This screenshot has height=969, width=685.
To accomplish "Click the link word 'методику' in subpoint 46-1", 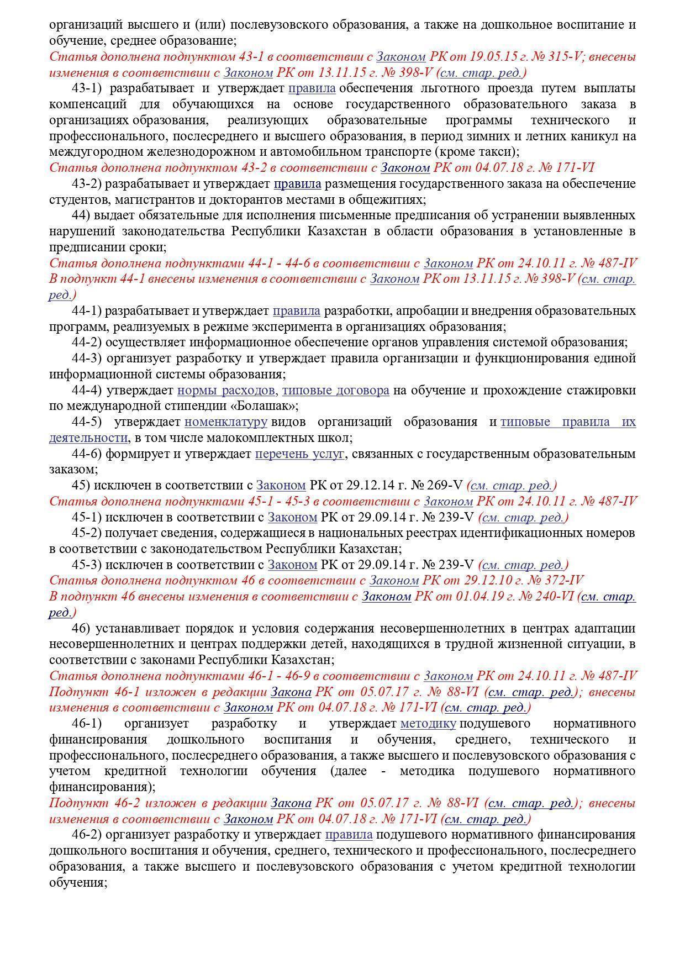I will click(428, 724).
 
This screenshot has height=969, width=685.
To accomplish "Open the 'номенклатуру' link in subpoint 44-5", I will click(225, 422).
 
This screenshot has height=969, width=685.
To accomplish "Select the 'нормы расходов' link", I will click(226, 391).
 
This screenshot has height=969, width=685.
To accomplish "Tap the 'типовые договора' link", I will click(335, 391).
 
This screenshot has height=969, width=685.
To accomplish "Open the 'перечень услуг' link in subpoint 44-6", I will click(299, 454).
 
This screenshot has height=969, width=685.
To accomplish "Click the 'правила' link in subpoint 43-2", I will click(297, 183).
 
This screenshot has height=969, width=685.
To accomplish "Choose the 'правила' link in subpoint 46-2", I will click(349, 835).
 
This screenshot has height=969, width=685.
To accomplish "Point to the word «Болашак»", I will click(266, 406).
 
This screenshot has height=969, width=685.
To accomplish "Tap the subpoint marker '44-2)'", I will click(87, 343).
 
